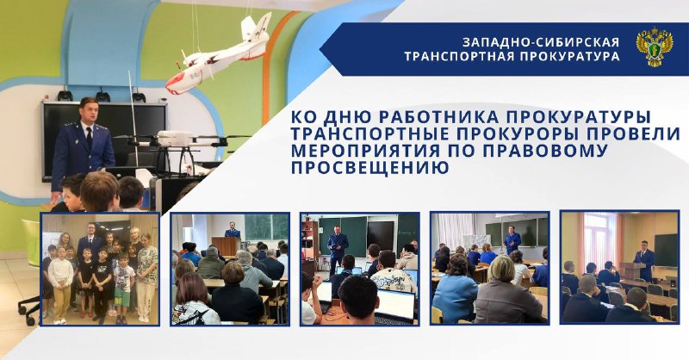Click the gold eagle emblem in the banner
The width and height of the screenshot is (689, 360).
[x=655, y=47]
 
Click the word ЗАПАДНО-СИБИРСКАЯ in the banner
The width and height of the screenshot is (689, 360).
[x=541, y=42]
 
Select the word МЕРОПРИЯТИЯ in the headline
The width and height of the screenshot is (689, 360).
[x=365, y=151]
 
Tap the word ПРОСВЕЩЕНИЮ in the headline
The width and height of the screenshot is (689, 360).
[x=370, y=167]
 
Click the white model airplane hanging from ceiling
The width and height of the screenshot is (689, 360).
[x=219, y=55]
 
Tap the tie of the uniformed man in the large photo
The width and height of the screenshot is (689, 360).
[x=90, y=138]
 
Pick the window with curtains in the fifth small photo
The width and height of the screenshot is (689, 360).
[x=600, y=239]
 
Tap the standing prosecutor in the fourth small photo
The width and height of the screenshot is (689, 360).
[x=512, y=239]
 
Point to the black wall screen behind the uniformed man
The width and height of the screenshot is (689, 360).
[x=104, y=132]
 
